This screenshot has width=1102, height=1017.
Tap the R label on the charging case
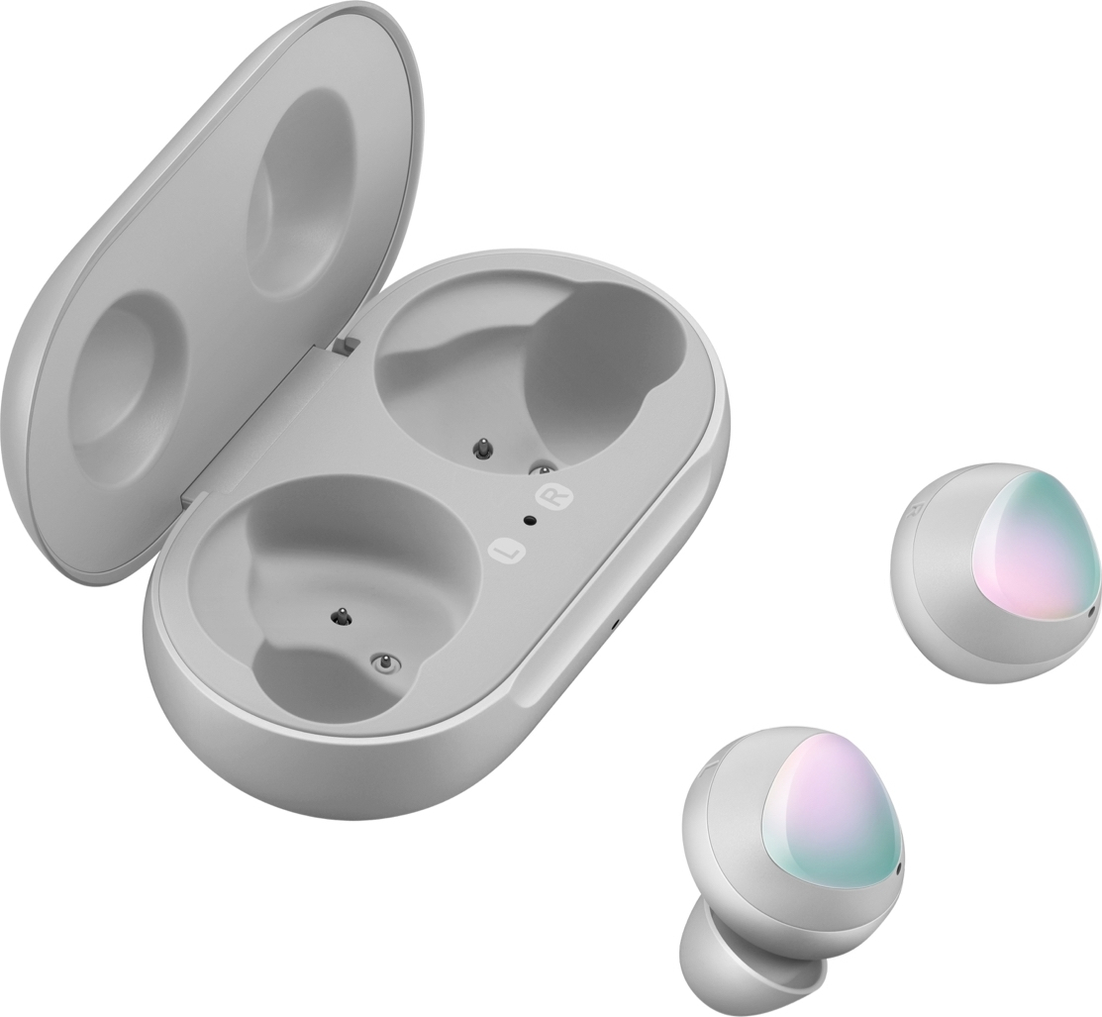[553, 496]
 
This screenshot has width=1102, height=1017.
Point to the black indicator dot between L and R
[529, 521]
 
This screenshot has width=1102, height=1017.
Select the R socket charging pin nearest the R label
[542, 468]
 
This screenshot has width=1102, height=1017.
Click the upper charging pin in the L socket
[343, 616]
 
